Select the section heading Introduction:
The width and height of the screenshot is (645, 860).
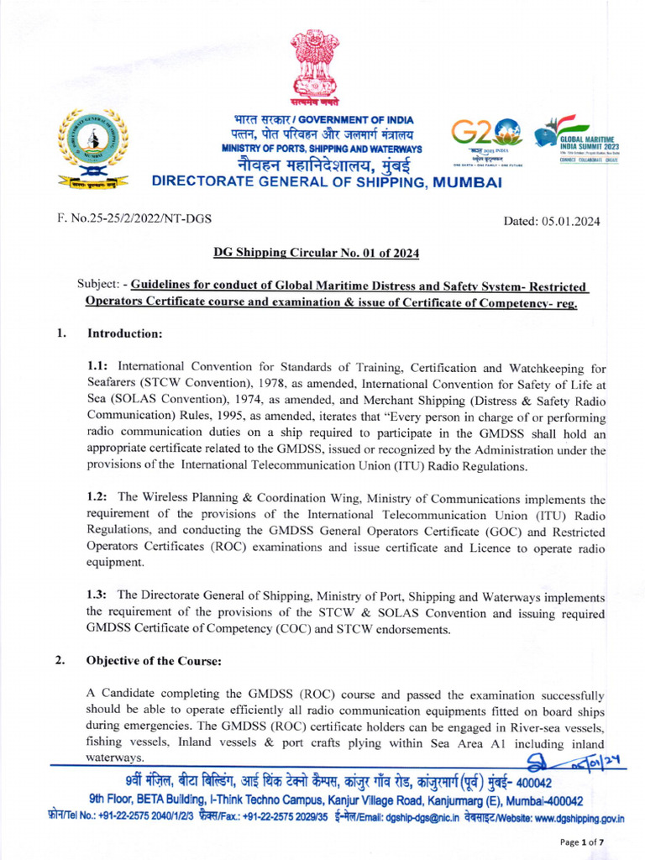point(124,333)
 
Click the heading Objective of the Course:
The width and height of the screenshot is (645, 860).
point(154,661)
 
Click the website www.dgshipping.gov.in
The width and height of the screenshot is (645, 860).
point(579,818)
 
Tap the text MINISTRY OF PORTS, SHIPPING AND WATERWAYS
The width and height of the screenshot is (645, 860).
point(322,149)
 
